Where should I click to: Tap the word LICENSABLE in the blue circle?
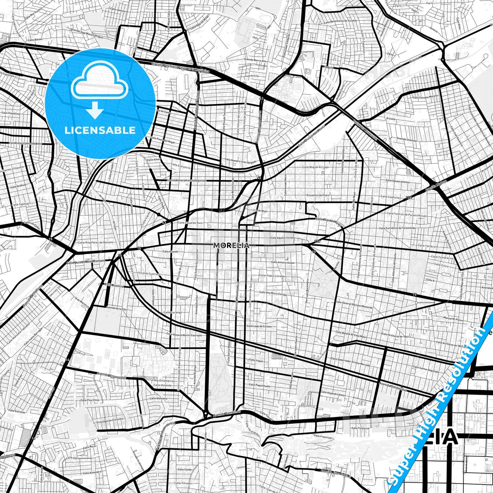coord(100,130)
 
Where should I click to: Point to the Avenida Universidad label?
coord(111,376)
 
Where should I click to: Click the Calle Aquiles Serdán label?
coord(282,238)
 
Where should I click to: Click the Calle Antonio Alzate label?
coord(282,262)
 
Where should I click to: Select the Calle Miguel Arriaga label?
coord(316,167)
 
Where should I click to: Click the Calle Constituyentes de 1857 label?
coord(26,144)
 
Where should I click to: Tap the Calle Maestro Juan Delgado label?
coord(240,161)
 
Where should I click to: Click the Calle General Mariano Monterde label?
coord(354,304)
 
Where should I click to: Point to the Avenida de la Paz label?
coord(116,308)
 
